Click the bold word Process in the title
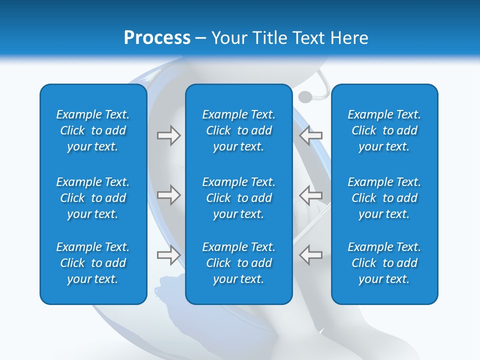coord(157,38)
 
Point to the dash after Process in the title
coord(201,38)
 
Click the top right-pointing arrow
coord(168,135)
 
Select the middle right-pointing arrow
coord(168,195)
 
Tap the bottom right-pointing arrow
coord(168,255)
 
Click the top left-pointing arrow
coord(310,135)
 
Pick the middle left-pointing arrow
coord(310,195)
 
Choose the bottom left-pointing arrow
coord(310,255)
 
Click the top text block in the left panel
coord(93,130)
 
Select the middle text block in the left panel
coord(93,198)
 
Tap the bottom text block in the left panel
coord(93,263)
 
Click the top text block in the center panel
coord(238,130)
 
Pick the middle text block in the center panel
coord(238,198)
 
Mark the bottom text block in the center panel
coord(238,263)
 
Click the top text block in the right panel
coord(384,130)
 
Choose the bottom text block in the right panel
coord(384,263)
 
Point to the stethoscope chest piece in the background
coord(304,96)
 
